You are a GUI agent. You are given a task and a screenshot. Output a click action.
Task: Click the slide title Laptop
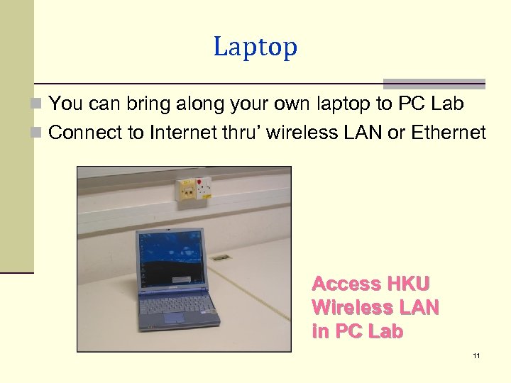click(x=255, y=48)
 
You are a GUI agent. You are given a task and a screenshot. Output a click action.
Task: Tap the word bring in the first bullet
click(x=148, y=104)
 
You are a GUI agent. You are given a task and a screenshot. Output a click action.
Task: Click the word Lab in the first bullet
click(x=449, y=104)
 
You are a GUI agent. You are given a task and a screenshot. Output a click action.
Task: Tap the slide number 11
click(x=476, y=355)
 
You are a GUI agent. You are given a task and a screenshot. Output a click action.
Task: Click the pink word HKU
click(x=408, y=284)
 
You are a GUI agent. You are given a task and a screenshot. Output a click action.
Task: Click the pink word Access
click(x=346, y=284)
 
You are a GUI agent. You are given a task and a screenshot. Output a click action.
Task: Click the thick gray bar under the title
click(x=434, y=82)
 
